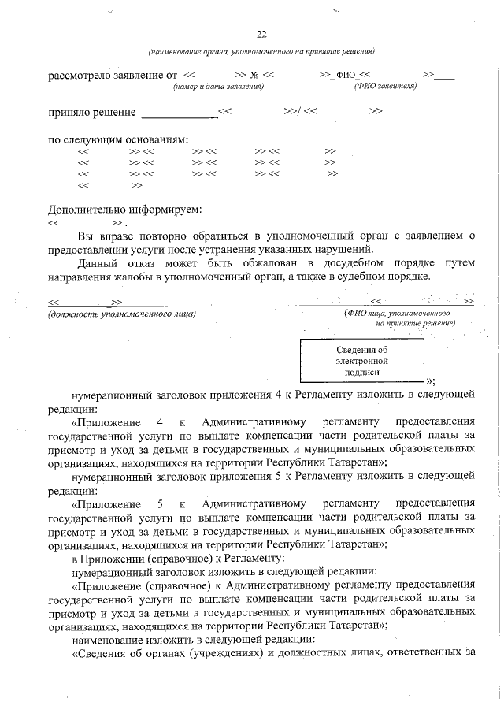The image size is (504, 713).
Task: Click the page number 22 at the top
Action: click(261, 34)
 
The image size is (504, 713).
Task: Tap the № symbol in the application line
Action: click(255, 76)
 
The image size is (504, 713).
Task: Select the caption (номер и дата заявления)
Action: click(218, 86)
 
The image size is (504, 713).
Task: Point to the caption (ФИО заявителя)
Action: click(385, 86)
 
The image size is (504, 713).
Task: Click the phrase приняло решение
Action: click(91, 113)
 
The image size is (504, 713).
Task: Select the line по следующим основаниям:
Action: click(118, 139)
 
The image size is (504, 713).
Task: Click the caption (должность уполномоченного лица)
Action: click(121, 314)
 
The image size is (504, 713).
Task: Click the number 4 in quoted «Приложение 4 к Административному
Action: click(160, 422)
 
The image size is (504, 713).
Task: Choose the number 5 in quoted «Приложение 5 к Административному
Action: click(160, 503)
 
